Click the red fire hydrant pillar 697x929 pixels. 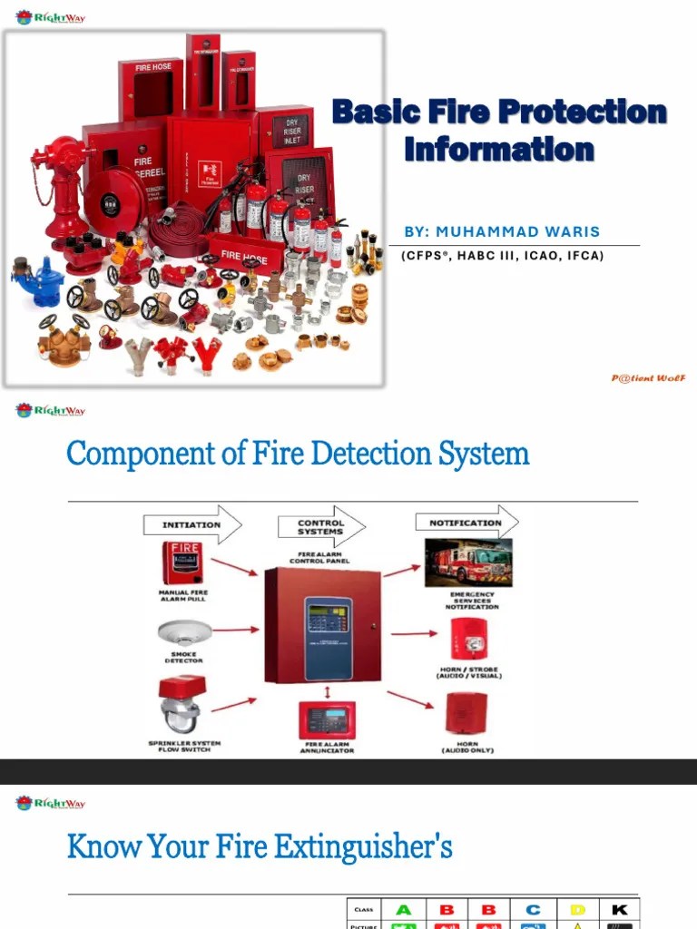pyautogui.click(x=61, y=186)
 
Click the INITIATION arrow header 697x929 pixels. pyautogui.click(x=191, y=524)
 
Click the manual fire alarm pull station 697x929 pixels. pyautogui.click(x=182, y=562)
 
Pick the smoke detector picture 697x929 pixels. pyautogui.click(x=183, y=632)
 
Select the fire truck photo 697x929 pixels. pyautogui.click(x=468, y=562)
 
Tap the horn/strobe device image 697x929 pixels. pyautogui.click(x=469, y=639)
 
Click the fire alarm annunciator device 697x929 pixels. pyautogui.click(x=327, y=720)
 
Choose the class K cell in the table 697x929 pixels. pyautogui.click(x=620, y=909)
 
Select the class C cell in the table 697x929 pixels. pyautogui.click(x=533, y=909)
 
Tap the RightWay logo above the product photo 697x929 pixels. pyautogui.click(x=51, y=16)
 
